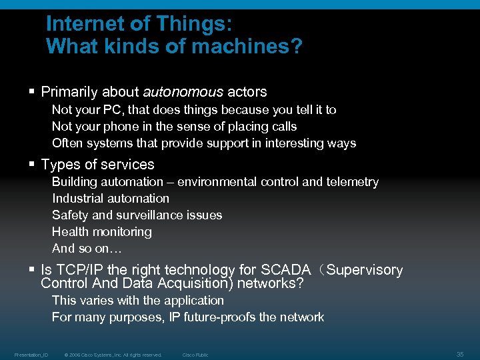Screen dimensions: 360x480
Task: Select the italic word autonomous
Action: point(183,92)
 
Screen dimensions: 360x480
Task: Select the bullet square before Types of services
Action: point(32,164)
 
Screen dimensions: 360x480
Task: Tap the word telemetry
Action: point(352,181)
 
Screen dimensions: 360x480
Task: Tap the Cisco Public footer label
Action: point(195,355)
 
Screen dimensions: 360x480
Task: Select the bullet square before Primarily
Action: point(32,91)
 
